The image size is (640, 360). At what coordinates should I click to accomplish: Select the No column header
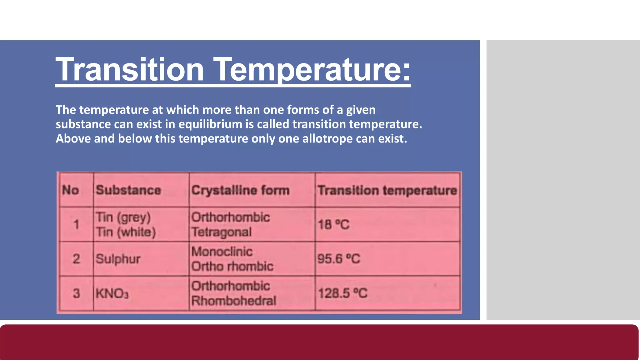pyautogui.click(x=70, y=190)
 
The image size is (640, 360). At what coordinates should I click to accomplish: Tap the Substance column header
pyautogui.click(x=128, y=190)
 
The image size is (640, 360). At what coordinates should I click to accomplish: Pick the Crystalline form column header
pyautogui.click(x=240, y=190)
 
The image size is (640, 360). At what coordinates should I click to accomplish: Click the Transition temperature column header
pyautogui.click(x=387, y=190)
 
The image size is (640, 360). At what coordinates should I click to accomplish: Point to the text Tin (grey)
pyautogui.click(x=123, y=217)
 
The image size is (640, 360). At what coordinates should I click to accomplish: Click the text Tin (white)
pyautogui.click(x=126, y=232)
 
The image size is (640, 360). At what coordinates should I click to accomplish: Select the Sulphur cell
pyautogui.click(x=118, y=259)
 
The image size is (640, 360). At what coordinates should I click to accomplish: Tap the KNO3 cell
pyautogui.click(x=112, y=293)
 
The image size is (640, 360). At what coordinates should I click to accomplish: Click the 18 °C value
pyautogui.click(x=333, y=225)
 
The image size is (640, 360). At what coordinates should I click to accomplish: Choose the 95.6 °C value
pyautogui.click(x=339, y=259)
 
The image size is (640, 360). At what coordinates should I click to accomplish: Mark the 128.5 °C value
pyautogui.click(x=342, y=293)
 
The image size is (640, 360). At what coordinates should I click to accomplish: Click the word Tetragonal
pyautogui.click(x=221, y=232)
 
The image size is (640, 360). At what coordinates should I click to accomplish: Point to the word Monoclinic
pyautogui.click(x=222, y=252)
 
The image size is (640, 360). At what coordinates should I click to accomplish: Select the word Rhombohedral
pyautogui.click(x=234, y=301)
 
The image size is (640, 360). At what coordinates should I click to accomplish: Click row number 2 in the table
pyautogui.click(x=76, y=259)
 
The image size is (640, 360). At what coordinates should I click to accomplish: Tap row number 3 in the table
pyautogui.click(x=76, y=293)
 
